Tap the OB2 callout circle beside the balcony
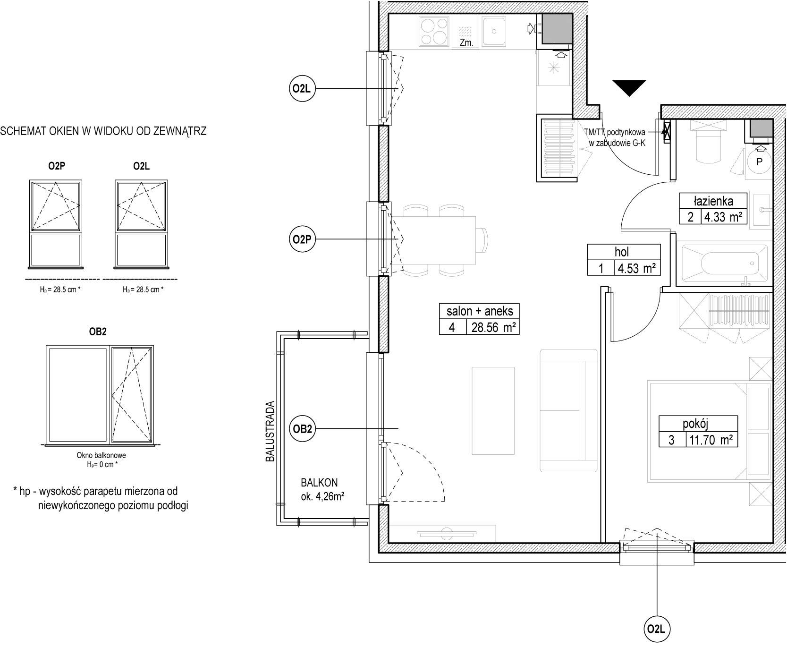click(302, 429)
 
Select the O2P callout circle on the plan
click(302, 239)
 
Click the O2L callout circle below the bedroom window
click(657, 629)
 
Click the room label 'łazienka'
click(713, 201)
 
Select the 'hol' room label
click(622, 252)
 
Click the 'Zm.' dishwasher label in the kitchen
click(466, 43)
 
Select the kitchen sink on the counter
click(494, 32)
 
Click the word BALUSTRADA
click(270, 431)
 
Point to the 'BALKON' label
click(320, 483)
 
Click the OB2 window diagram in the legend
click(100, 395)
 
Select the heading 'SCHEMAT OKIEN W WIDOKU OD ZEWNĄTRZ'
click(104, 131)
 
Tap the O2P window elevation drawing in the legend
click(56, 223)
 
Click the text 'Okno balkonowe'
click(101, 456)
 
